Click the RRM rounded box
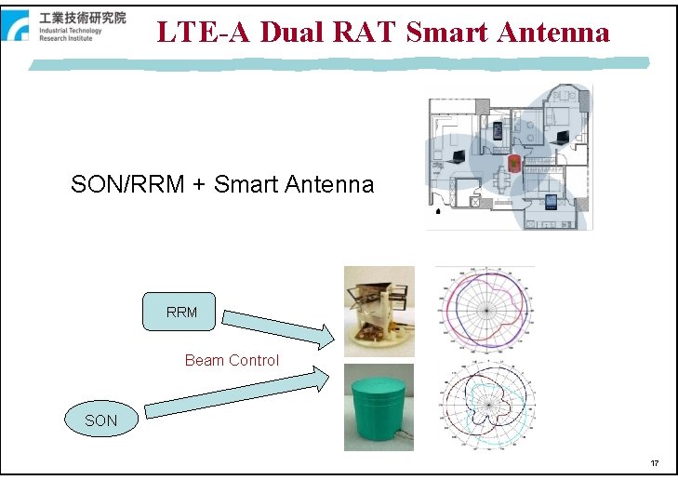[x=181, y=313]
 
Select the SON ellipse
[x=100, y=420]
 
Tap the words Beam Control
[x=232, y=360]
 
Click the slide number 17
[x=655, y=463]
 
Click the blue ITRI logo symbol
[x=20, y=26]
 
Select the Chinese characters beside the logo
[x=82, y=18]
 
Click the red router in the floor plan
[x=513, y=166]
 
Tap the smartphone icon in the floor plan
[x=497, y=129]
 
